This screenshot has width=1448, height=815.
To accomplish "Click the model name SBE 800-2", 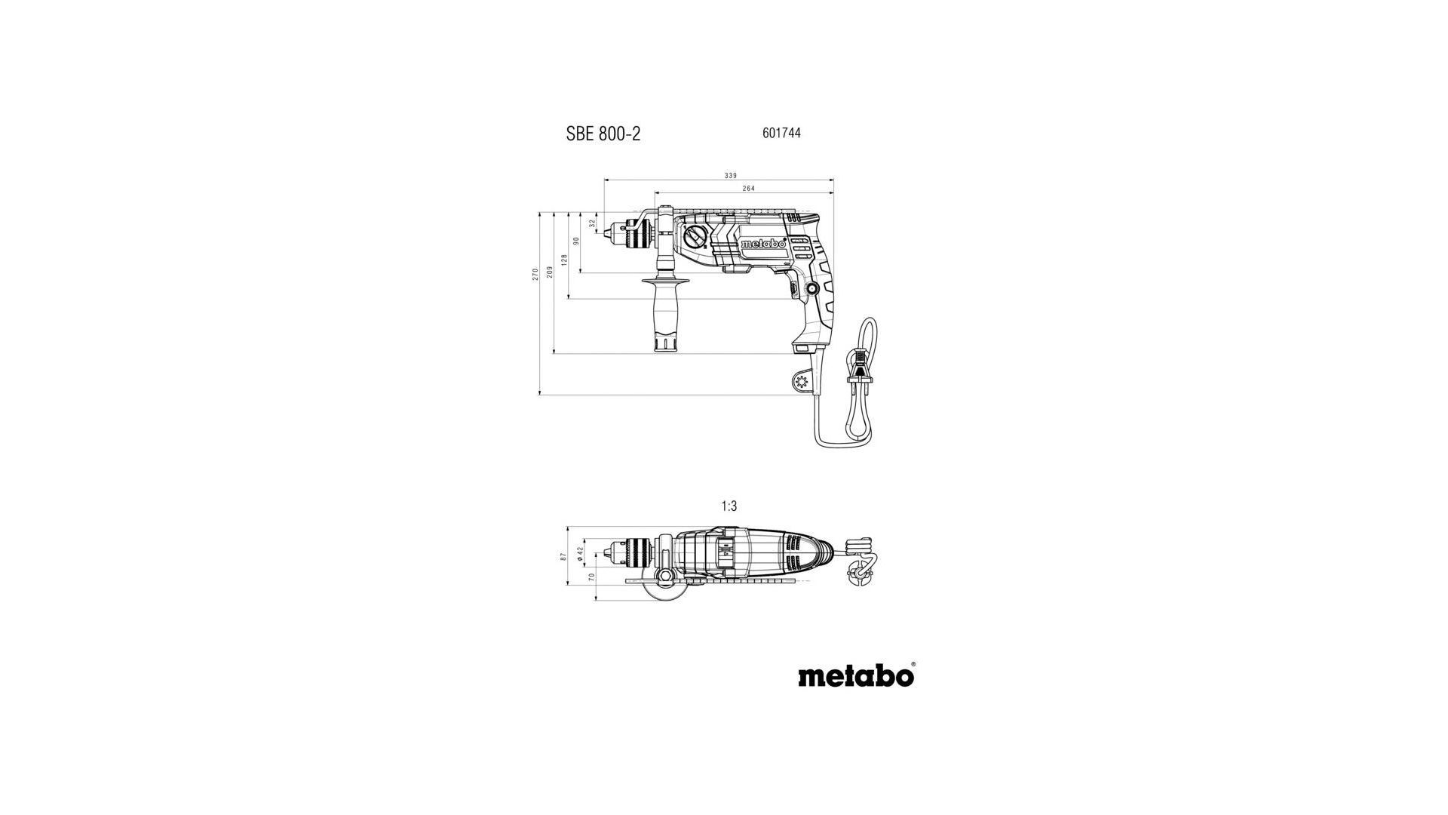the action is pyautogui.click(x=603, y=134).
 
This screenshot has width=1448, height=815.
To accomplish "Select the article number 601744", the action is pyautogui.click(x=781, y=133).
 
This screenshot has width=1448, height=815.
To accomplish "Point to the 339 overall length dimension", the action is pyautogui.click(x=731, y=176).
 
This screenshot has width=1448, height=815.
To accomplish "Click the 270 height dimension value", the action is pyautogui.click(x=535, y=274).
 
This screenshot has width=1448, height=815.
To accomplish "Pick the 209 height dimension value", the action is pyautogui.click(x=550, y=271).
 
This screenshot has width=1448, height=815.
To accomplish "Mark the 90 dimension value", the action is pyautogui.click(x=576, y=241).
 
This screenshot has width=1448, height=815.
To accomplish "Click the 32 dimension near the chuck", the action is pyautogui.click(x=593, y=224).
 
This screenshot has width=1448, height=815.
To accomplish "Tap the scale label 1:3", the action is pyautogui.click(x=729, y=506).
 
